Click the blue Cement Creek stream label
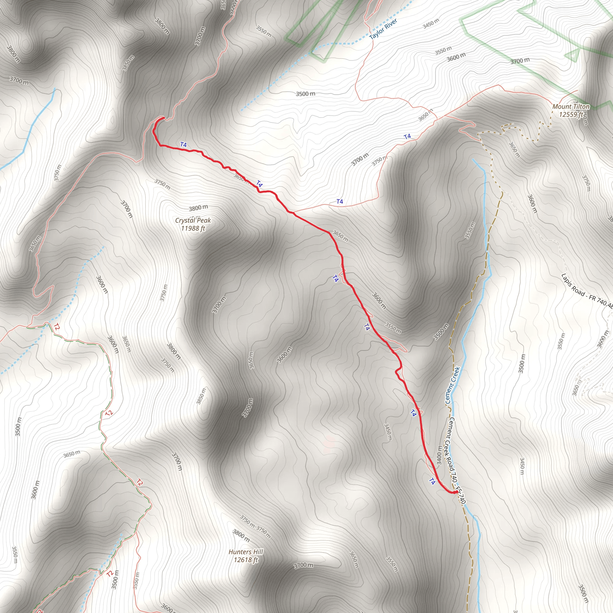(x=453, y=385)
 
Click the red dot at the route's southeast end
(x=456, y=492)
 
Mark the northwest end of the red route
(x=163, y=118)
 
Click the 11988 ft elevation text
(x=193, y=228)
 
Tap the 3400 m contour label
(x=439, y=455)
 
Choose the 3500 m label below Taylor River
(x=305, y=94)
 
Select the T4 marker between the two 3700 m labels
(x=407, y=136)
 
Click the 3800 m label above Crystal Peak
(x=198, y=208)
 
